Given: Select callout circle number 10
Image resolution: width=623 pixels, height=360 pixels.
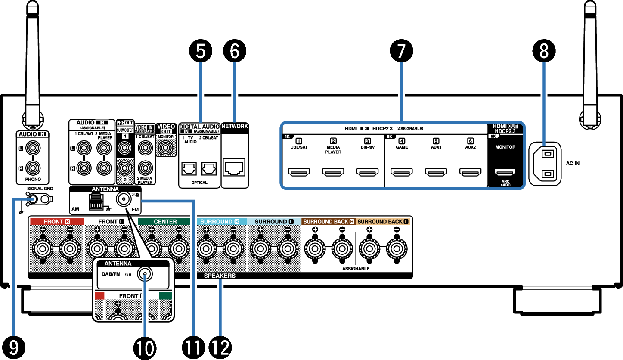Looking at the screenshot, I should coord(145,347).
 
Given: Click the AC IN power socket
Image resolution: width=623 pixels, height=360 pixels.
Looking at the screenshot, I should coord(545,164).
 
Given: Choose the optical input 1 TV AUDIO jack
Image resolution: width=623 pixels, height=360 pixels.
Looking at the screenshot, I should coord(187,169).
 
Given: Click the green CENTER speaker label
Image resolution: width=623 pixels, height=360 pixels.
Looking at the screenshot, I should coord(165,222).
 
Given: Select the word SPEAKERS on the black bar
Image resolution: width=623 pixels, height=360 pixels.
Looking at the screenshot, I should coord(220,276).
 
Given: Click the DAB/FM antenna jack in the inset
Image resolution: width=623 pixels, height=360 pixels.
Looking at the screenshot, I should coord(144,274).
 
